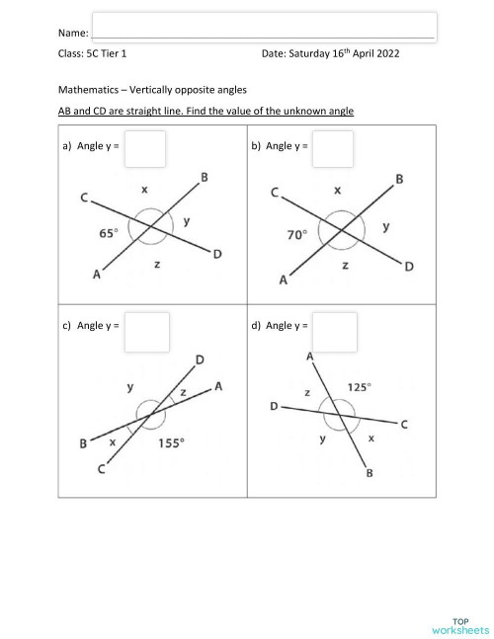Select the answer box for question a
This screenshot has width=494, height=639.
point(145,148)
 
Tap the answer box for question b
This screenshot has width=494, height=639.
point(332,148)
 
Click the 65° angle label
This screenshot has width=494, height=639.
point(108,233)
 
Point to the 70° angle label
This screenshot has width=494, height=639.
point(296,235)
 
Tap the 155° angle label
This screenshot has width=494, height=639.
point(171,443)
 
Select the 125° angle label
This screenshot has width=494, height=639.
point(360,387)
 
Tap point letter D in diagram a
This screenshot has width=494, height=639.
point(217,255)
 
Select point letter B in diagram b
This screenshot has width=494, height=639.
point(399,179)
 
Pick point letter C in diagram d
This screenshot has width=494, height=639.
point(403,425)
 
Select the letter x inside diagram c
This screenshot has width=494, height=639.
point(113,443)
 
